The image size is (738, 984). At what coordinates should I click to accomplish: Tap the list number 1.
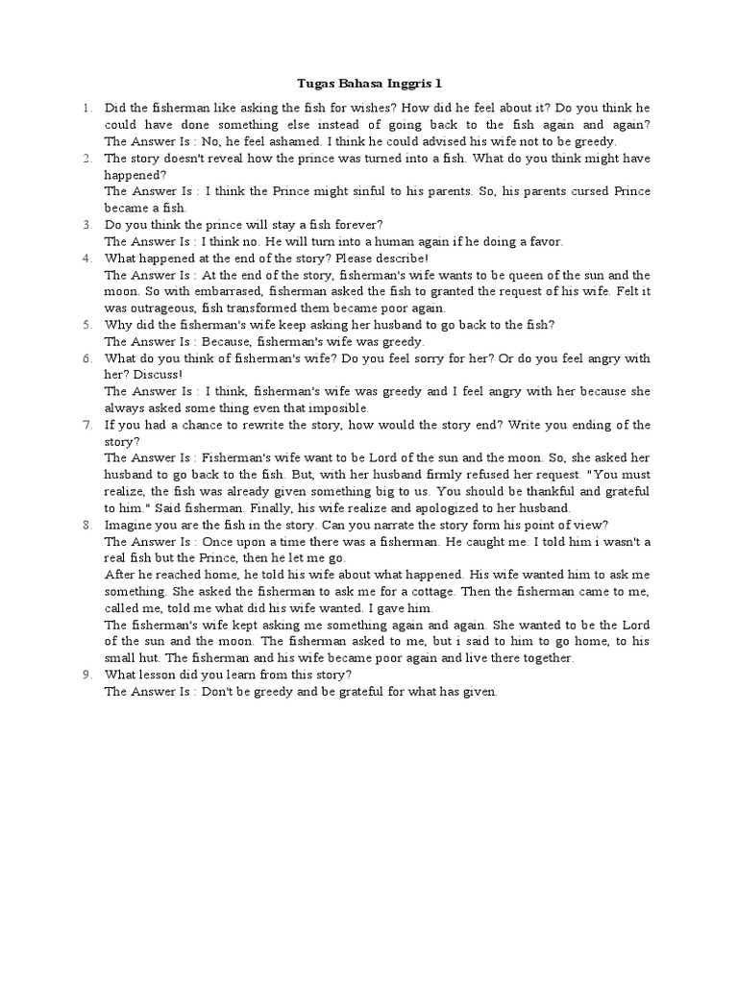(86, 109)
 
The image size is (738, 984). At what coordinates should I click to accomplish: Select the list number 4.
(86, 258)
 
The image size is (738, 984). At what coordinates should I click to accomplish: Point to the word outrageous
(160, 308)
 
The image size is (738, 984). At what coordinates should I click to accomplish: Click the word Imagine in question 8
(129, 525)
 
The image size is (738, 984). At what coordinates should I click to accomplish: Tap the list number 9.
(86, 675)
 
